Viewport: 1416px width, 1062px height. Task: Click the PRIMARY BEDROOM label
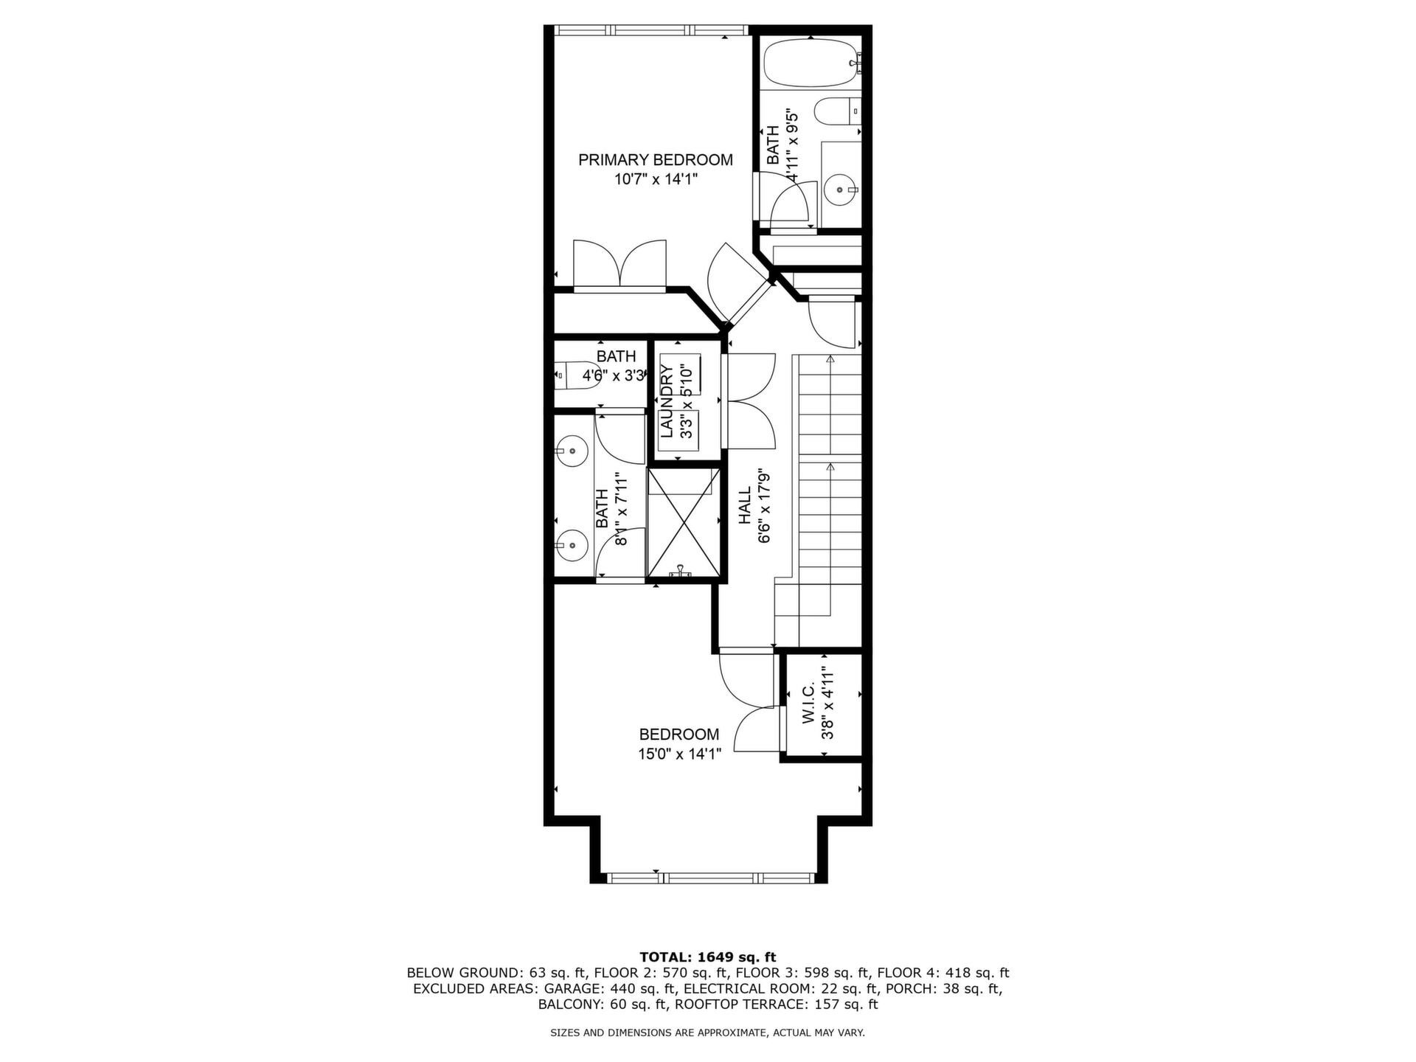[x=655, y=160]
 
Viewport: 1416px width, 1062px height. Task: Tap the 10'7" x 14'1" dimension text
[x=656, y=179]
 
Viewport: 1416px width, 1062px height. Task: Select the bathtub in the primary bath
[x=811, y=64]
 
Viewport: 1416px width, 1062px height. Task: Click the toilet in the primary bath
[x=838, y=112]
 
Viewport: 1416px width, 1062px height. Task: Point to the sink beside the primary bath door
[x=840, y=190]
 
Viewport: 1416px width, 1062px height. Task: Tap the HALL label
[x=745, y=505]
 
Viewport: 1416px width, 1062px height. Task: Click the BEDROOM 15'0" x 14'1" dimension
[x=679, y=754]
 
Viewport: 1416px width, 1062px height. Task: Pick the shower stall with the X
[x=684, y=521]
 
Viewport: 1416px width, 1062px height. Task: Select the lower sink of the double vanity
[x=572, y=545]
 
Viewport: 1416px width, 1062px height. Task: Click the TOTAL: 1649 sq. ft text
[x=708, y=957]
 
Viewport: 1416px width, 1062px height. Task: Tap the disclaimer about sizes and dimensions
[x=708, y=1033]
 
